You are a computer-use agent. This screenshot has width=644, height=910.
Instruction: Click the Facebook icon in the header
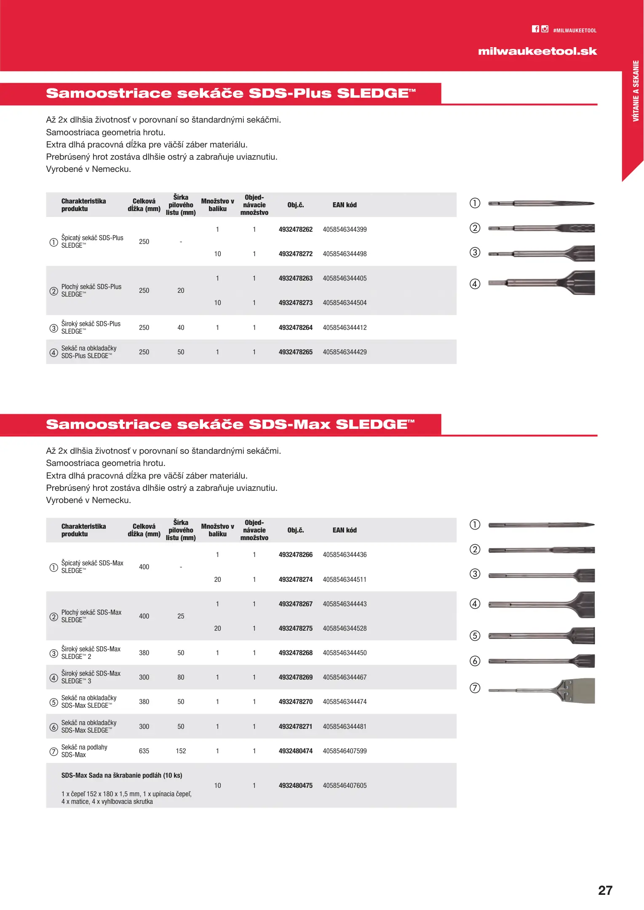tap(535, 29)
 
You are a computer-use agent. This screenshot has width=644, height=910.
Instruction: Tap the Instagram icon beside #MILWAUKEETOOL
tap(545, 29)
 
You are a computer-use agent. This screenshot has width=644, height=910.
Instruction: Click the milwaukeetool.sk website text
tap(537, 51)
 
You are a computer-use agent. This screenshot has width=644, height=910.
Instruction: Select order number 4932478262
tap(296, 230)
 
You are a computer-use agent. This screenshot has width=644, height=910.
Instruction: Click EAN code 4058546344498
tap(345, 254)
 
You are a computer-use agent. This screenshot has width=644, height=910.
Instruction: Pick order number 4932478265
tap(296, 352)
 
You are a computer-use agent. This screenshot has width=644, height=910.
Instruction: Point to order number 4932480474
tap(296, 751)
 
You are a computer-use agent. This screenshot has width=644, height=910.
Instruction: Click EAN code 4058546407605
tap(345, 786)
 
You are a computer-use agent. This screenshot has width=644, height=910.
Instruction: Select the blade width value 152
tap(181, 751)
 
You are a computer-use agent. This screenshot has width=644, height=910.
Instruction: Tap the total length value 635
tap(144, 751)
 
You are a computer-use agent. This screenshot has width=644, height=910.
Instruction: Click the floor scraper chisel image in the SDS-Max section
tap(542, 691)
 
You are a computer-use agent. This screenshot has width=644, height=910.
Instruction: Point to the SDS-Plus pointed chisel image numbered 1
tap(542, 204)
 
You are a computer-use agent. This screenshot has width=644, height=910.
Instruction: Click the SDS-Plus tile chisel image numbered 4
tap(542, 283)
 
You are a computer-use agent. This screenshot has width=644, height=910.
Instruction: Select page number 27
tap(605, 890)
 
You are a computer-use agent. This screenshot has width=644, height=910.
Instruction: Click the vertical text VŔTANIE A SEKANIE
tap(636, 91)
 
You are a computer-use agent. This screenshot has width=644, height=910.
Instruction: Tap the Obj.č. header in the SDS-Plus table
tap(296, 205)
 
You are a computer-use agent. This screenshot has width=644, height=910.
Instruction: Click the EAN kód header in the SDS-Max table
tap(345, 530)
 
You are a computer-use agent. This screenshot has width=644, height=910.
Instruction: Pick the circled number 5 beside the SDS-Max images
tap(475, 636)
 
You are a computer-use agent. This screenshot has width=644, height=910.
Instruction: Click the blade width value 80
tap(181, 677)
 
